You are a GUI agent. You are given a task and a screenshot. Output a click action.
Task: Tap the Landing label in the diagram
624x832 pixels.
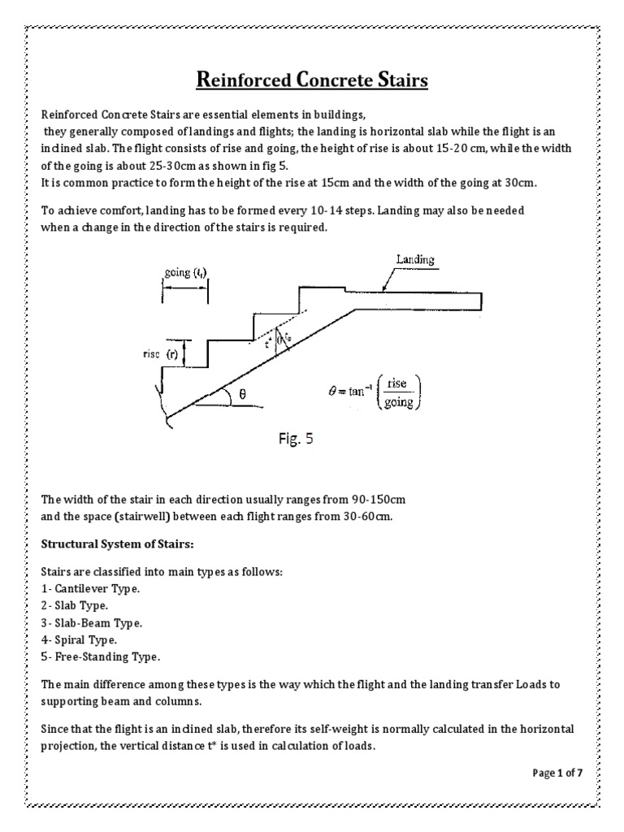[414, 260]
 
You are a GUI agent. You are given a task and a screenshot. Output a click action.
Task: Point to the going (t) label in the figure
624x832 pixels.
[185, 273]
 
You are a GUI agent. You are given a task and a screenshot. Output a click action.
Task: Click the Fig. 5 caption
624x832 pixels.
[292, 440]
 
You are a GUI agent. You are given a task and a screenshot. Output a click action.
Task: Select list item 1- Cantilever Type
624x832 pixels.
[89, 588]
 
